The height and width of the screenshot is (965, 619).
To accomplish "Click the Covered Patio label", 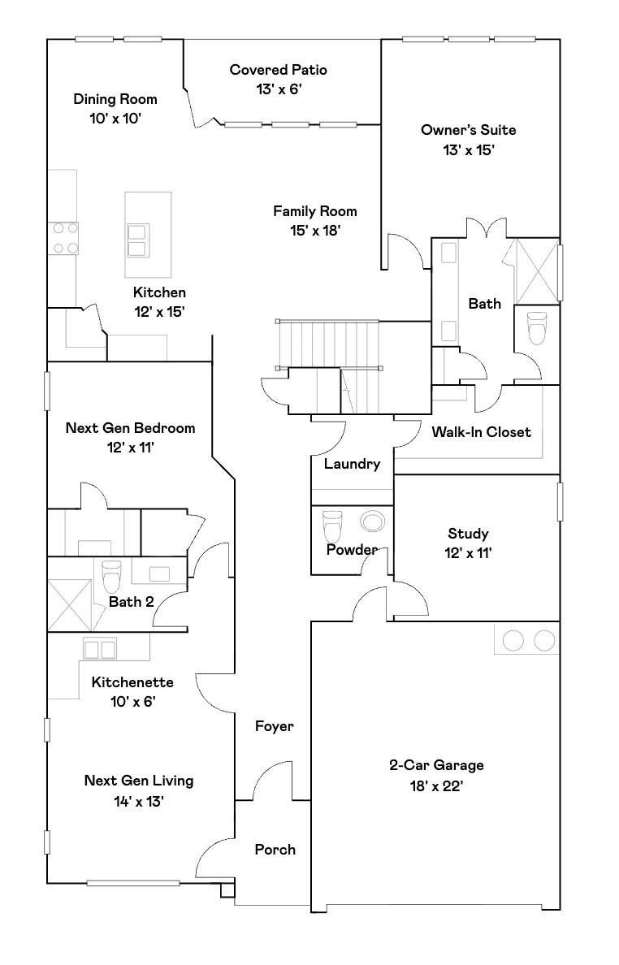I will [x=278, y=71].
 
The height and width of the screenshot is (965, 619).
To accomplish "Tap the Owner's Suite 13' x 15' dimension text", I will [x=468, y=150].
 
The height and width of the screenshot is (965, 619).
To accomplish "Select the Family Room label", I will [x=314, y=211].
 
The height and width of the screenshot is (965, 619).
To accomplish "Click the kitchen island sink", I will [x=136, y=240].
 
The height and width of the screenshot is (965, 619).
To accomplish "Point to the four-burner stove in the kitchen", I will [x=65, y=238].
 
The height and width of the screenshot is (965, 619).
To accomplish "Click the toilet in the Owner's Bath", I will [x=538, y=327].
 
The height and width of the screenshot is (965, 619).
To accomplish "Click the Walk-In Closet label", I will [x=481, y=431].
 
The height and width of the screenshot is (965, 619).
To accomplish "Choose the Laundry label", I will [x=352, y=465].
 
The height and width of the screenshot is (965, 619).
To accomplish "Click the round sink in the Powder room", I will [x=372, y=522].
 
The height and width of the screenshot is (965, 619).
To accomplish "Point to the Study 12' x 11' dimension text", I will [x=468, y=554].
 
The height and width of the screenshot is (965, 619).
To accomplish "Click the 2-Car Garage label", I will [x=436, y=765].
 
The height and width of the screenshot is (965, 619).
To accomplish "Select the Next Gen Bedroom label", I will [x=130, y=428].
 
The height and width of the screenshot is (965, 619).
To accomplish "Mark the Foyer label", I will [x=274, y=726].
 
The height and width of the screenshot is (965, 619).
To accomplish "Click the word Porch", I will [x=275, y=850].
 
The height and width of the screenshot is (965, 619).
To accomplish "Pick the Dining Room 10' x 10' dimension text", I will [x=115, y=119].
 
